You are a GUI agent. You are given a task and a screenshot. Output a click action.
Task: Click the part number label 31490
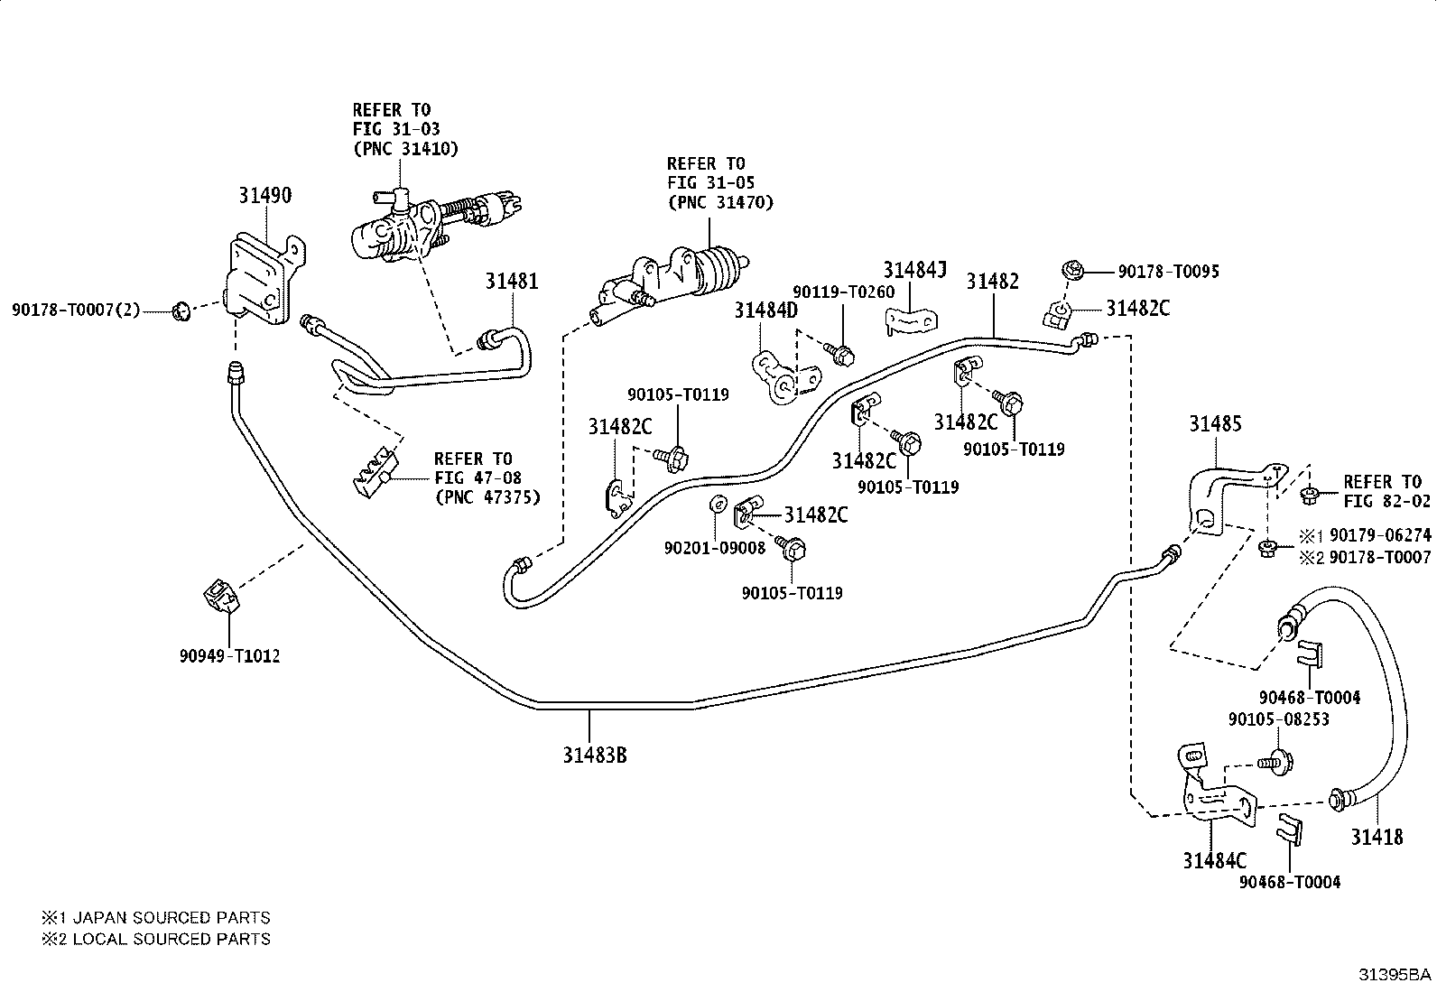pyautogui.click(x=265, y=195)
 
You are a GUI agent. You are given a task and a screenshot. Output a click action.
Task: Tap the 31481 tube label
pyautogui.click(x=511, y=281)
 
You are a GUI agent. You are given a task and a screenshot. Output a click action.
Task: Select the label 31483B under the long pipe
pyautogui.click(x=595, y=756)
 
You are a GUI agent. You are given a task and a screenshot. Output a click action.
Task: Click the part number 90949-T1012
pyautogui.click(x=229, y=656)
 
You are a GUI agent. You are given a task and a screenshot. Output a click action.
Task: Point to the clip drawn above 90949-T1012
pyautogui.click(x=221, y=596)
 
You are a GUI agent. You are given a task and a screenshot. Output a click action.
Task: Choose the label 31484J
pyautogui.click(x=914, y=270)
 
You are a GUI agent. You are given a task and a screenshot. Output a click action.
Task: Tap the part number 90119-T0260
pyautogui.click(x=844, y=292)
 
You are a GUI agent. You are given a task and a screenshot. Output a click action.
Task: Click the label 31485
pyautogui.click(x=1215, y=423)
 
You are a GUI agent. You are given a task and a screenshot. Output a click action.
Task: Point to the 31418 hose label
pyautogui.click(x=1377, y=837)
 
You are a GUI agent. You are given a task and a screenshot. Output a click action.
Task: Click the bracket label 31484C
pyautogui.click(x=1215, y=860)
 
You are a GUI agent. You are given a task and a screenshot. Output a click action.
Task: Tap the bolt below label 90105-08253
pyautogui.click(x=1275, y=763)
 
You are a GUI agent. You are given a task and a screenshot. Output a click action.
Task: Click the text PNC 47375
pyautogui.click(x=487, y=497)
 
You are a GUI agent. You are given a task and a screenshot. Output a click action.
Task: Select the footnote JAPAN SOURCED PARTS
pyautogui.click(x=172, y=918)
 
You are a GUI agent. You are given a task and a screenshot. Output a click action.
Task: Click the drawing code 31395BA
pyautogui.click(x=1395, y=975)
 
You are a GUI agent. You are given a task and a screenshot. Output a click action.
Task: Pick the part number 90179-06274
pyautogui.click(x=1380, y=535)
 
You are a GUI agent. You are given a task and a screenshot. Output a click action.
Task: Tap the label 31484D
pyautogui.click(x=766, y=311)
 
